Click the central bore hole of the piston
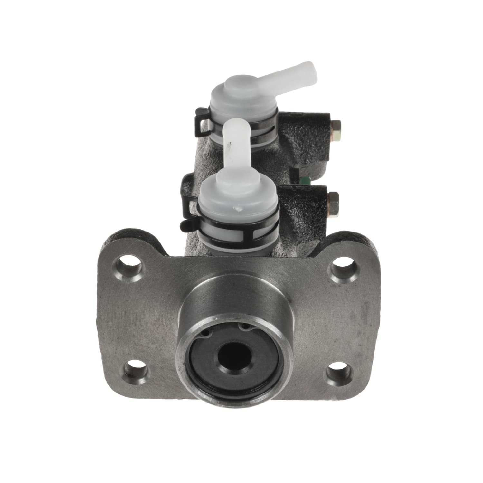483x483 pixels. (x=234, y=350)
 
